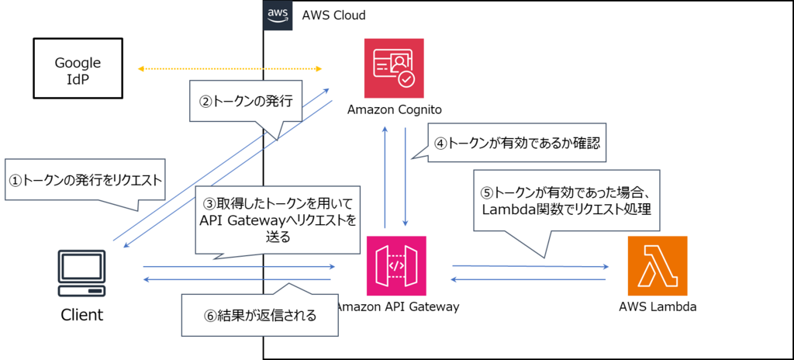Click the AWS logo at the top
click(278, 16)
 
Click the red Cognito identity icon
click(395, 68)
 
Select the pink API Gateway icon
click(396, 265)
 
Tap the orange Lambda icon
click(658, 267)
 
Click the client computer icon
click(82, 272)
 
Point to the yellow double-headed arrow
click(230, 69)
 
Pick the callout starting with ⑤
click(566, 201)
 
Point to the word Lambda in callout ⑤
click(508, 209)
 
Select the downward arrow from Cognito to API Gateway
click(406, 175)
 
